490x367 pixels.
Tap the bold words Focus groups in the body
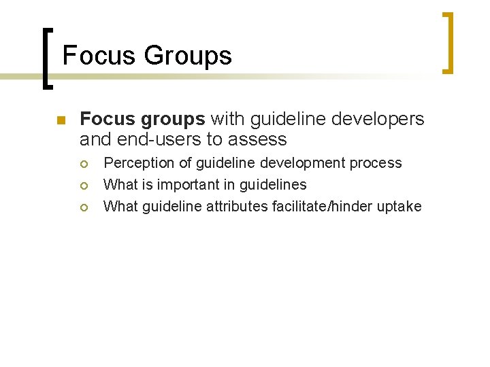pos(142,120)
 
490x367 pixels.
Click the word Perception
pos(137,163)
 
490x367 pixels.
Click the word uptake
pos(399,207)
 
